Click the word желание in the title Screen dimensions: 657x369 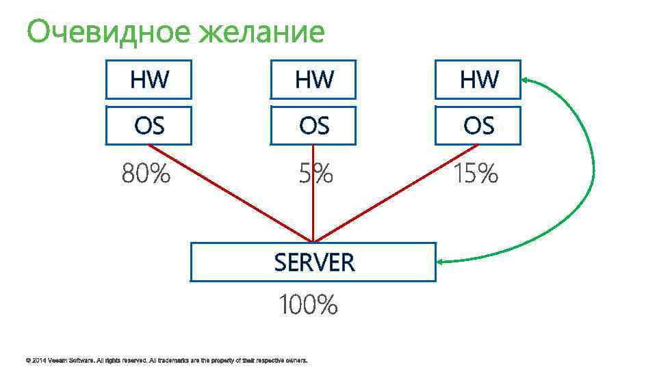coord(261,31)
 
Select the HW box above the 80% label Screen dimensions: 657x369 coord(149,80)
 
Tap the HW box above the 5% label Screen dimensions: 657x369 coord(313,80)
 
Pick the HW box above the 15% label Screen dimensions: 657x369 coord(478,80)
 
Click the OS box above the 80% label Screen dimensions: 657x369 coord(149,126)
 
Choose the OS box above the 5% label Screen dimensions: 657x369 coord(313,126)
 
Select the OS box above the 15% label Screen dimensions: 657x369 coord(478,126)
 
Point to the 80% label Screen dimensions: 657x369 coord(146,175)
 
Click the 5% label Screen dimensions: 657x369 coord(315,175)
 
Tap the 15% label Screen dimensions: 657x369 coord(474,175)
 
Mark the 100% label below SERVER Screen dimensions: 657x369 coord(307,305)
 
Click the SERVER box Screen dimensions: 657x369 coord(313,262)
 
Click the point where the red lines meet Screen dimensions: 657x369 coord(313,241)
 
